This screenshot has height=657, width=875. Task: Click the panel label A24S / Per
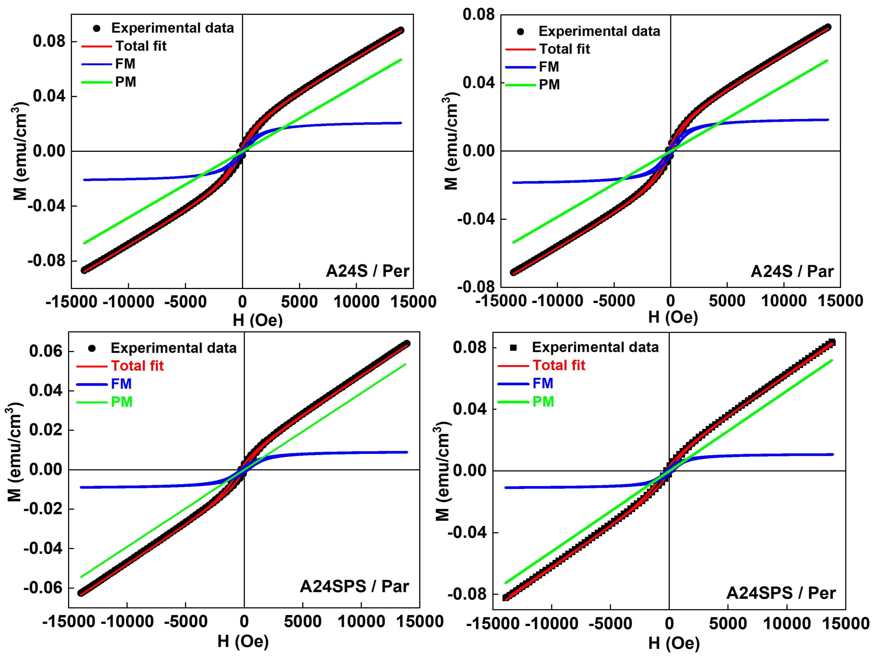click(x=368, y=271)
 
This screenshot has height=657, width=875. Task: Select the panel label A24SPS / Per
click(x=781, y=593)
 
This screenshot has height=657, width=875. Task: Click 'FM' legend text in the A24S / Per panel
click(x=125, y=64)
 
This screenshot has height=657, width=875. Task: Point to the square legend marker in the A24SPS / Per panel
click(x=513, y=348)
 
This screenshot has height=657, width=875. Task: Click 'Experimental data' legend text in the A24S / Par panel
click(x=599, y=31)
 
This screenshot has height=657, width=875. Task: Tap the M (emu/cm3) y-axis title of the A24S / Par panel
click(x=451, y=141)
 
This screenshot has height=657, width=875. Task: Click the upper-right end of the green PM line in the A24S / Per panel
click(x=401, y=60)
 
